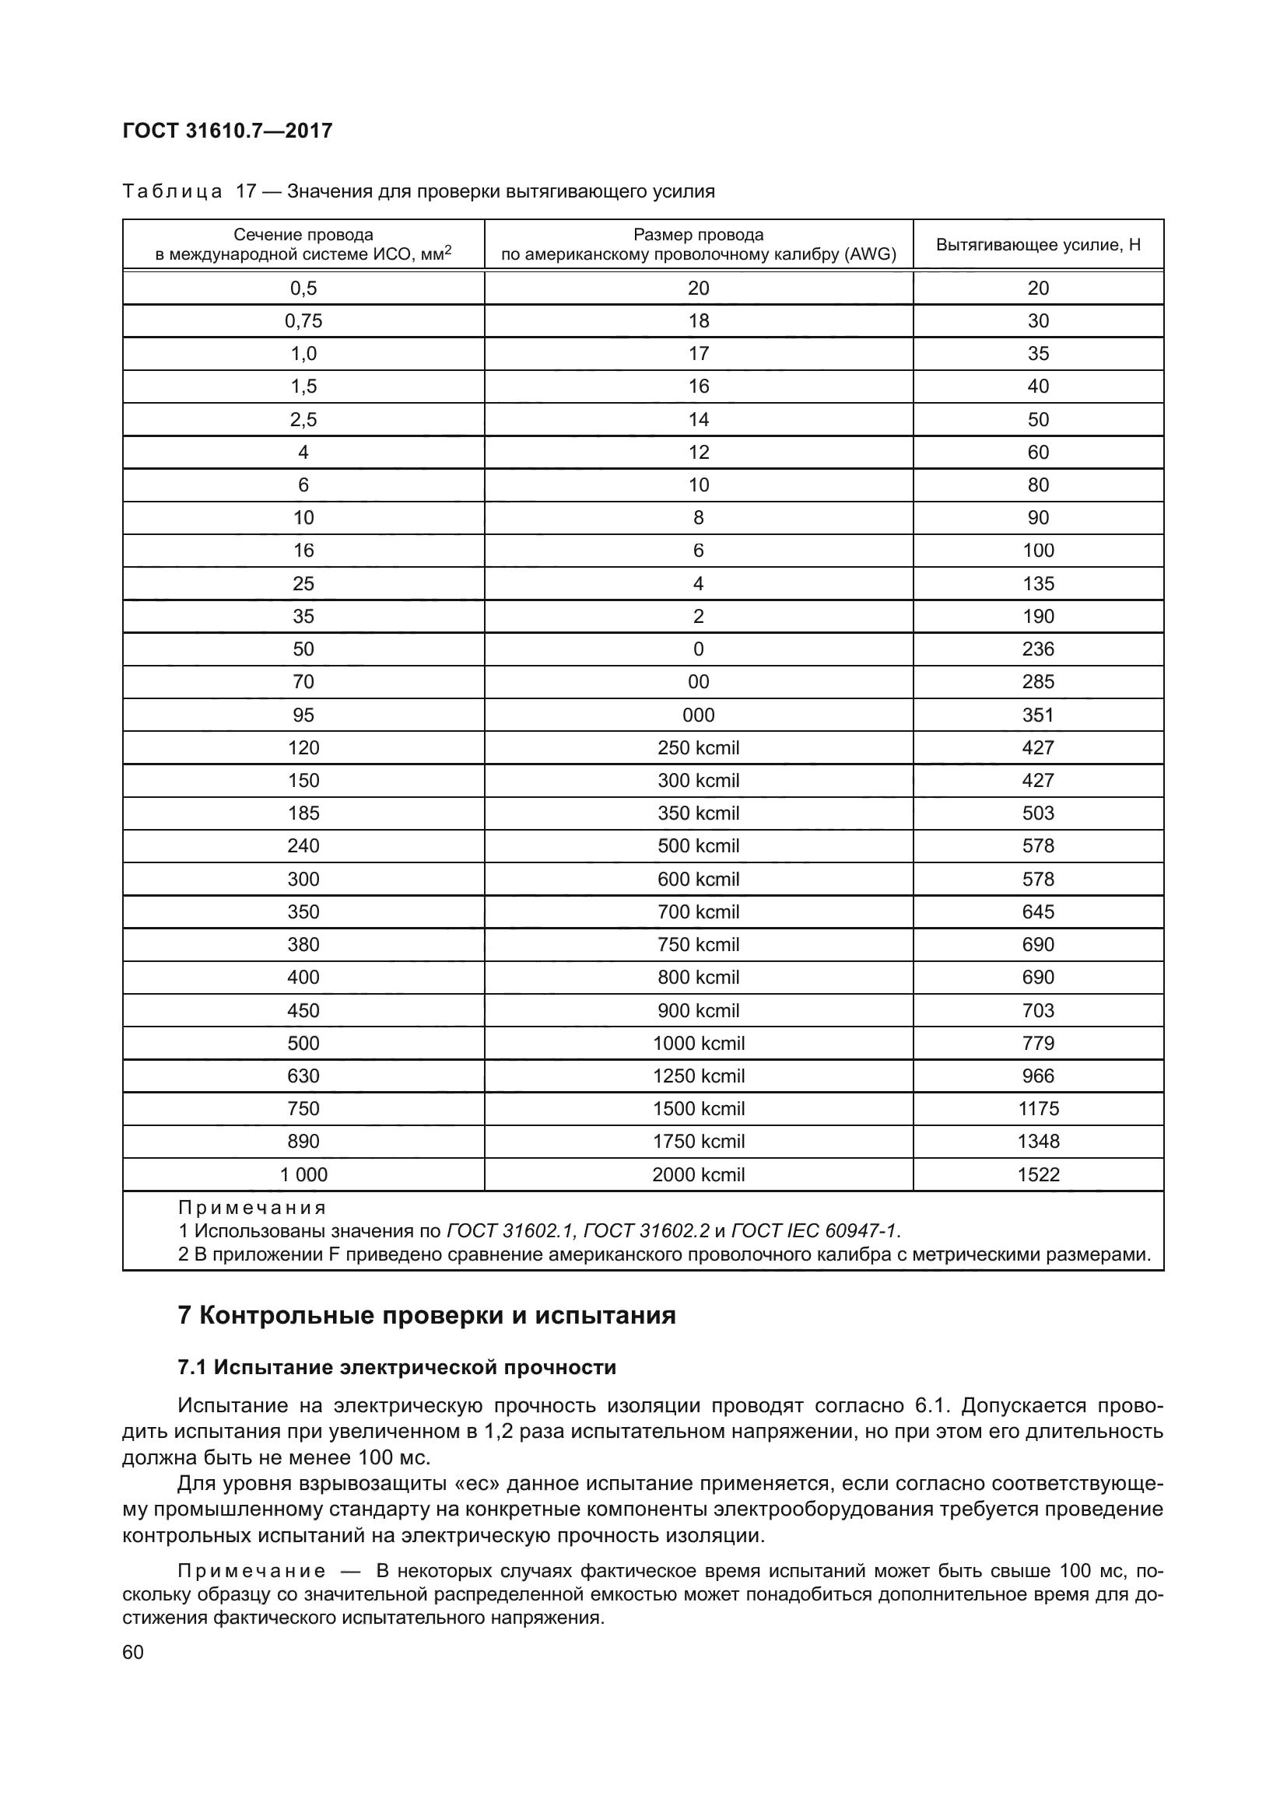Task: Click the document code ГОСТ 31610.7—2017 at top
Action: tap(227, 131)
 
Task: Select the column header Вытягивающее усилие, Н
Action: tap(1037, 245)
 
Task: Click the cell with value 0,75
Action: tap(303, 321)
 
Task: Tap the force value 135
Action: tap(1037, 584)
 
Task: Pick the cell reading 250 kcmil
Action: tap(697, 748)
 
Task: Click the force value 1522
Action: tap(1037, 1175)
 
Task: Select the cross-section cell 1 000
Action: tap(303, 1175)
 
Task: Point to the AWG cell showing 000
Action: tap(697, 715)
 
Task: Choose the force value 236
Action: tap(1037, 649)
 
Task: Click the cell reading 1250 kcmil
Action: tap(697, 1076)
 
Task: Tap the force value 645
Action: tap(1037, 912)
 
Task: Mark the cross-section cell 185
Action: tap(303, 813)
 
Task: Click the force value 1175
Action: tap(1037, 1109)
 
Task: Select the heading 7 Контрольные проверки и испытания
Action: tap(426, 1316)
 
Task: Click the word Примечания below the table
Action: tap(252, 1209)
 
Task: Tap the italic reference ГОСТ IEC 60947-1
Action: tap(814, 1231)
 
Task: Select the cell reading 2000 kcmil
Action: tap(697, 1175)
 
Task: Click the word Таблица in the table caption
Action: tap(172, 192)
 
